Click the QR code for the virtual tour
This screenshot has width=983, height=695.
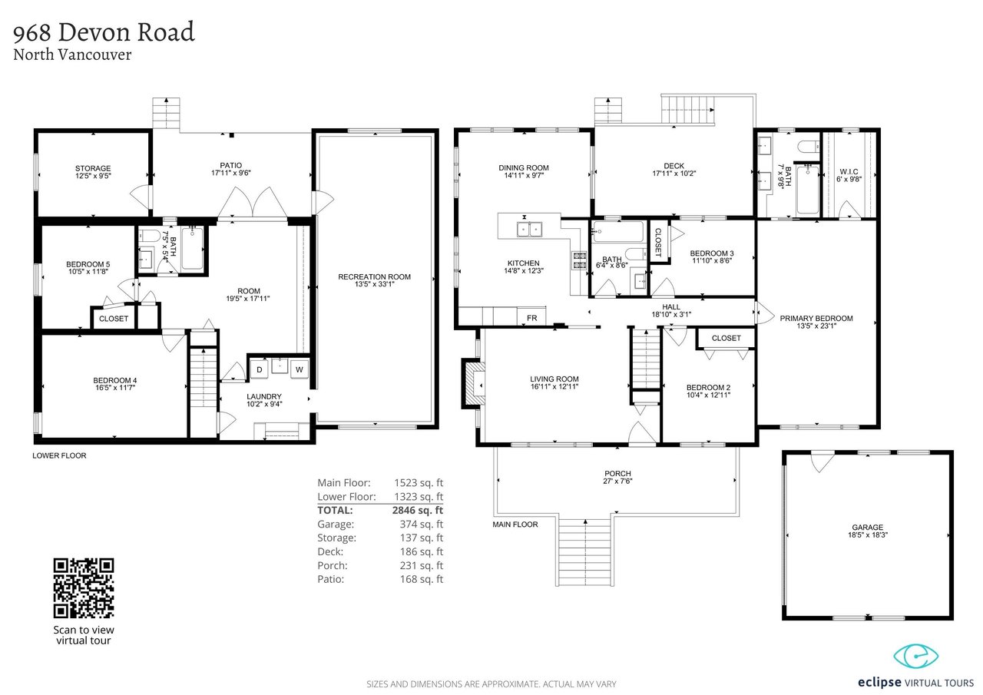point(84,588)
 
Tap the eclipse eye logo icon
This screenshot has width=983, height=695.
point(916,657)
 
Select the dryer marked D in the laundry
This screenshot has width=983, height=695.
point(260,369)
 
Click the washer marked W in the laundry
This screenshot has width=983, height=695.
point(300,369)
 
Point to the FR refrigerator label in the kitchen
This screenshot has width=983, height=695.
point(532,318)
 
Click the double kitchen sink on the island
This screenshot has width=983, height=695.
point(529,230)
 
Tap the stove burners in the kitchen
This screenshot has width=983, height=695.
point(579,260)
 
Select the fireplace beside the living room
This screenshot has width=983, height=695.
point(473,384)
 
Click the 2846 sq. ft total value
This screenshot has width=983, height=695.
point(417,510)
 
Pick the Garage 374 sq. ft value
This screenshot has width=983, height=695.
point(422,524)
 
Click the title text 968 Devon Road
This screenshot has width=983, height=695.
point(104,32)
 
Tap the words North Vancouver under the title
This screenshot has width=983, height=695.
point(72,55)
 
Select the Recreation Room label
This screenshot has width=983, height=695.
point(374,277)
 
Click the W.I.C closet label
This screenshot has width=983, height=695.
point(849,171)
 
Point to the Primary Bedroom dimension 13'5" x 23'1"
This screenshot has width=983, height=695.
point(816,326)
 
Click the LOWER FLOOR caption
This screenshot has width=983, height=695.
point(59,455)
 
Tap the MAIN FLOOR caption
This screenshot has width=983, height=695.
point(515,525)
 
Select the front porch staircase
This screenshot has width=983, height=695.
point(585,551)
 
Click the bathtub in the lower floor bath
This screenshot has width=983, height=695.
point(192,248)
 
